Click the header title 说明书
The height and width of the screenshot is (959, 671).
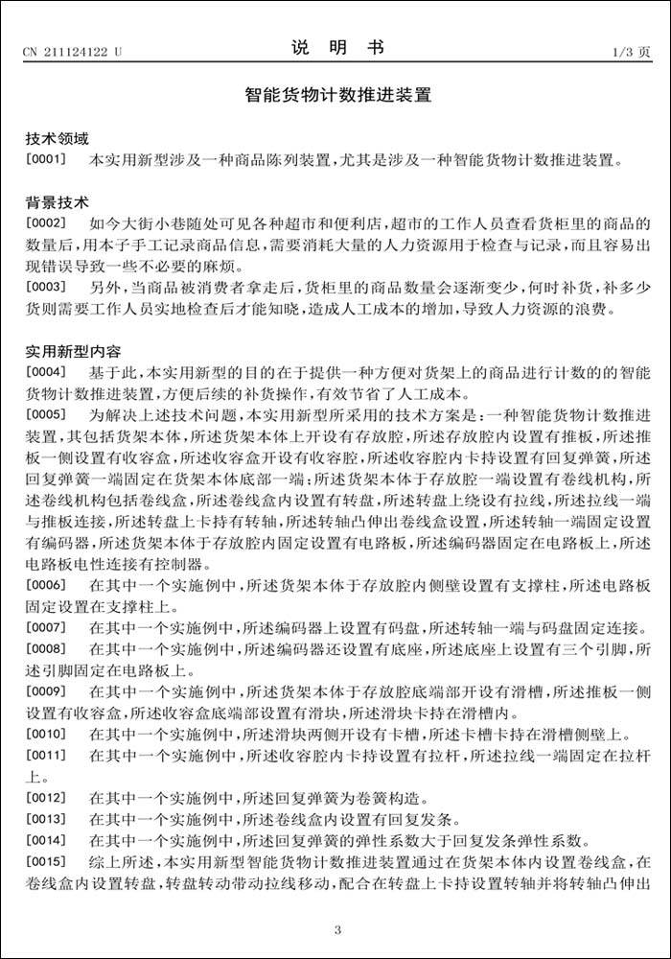click(335, 48)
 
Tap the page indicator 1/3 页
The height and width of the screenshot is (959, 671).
click(630, 52)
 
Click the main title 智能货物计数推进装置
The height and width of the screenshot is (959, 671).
click(335, 96)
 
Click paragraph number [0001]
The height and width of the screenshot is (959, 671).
click(45, 160)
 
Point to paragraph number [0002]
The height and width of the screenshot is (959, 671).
click(45, 223)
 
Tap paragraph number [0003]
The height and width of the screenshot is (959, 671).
click(45, 287)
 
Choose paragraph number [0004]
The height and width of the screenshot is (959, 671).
click(45, 371)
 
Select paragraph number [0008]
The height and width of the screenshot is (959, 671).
click(45, 649)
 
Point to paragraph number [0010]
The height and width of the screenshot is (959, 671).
click(45, 736)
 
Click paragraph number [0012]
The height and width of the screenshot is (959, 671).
click(45, 798)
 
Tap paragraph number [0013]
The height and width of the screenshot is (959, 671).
click(45, 819)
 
